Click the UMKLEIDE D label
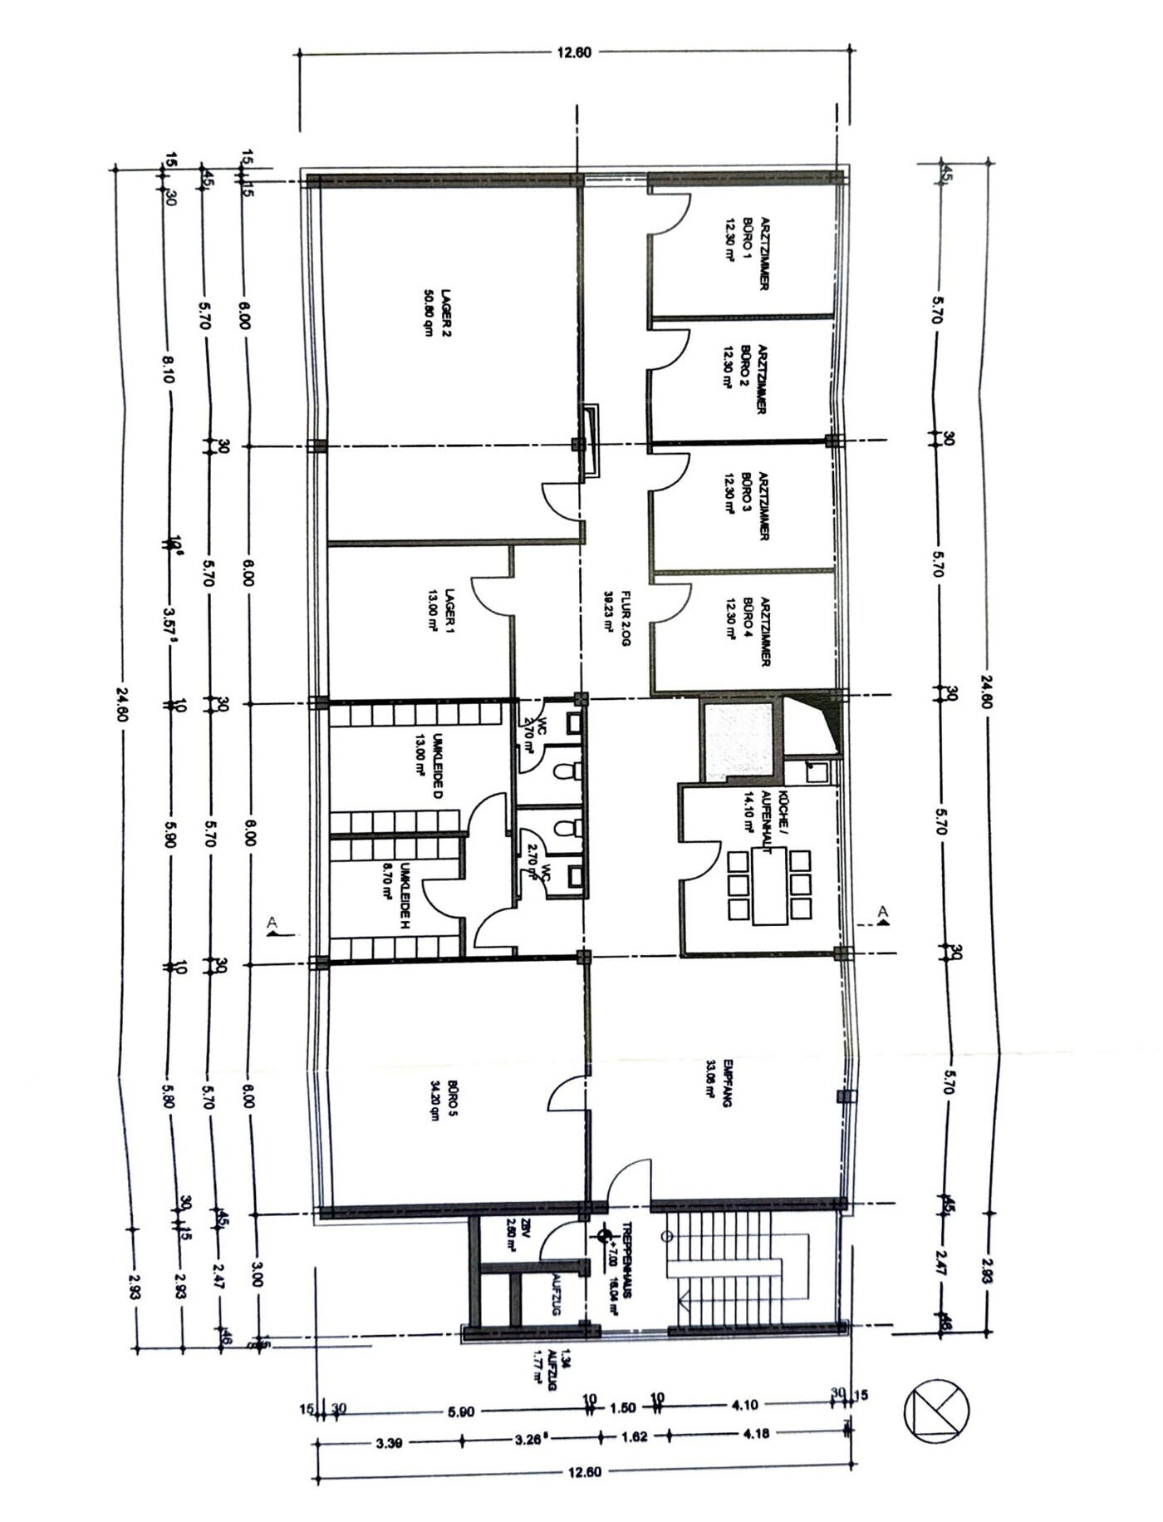coord(429,765)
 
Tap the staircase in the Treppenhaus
coord(731,1269)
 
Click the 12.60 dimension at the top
coord(573,52)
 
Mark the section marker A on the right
coord(882,914)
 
